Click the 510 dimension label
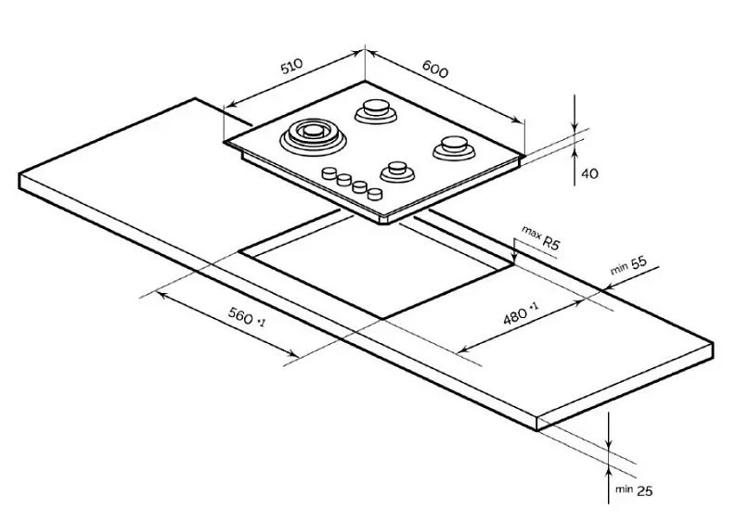pos(292,66)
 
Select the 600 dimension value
pos(435,69)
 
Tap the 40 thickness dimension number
pos(590,173)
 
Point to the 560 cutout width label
pos(247,316)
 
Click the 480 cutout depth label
pos(521,314)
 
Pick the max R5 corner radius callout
pos(541,237)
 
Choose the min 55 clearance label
pos(628,265)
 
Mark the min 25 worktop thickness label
pos(634,490)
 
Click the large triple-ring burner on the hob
pos(313,136)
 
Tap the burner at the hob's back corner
pos(376,111)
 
